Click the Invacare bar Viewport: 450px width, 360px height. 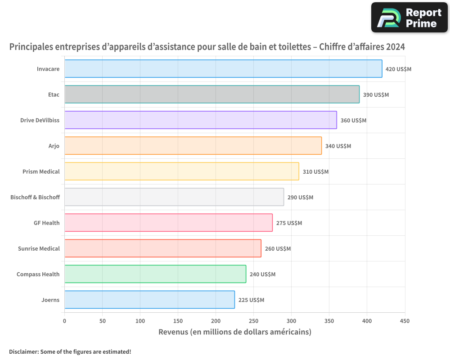[x=223, y=69]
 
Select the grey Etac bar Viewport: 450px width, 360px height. [x=212, y=94]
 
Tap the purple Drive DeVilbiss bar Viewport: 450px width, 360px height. [x=201, y=120]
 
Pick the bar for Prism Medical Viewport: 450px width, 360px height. [x=182, y=171]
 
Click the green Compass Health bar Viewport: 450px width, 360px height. [x=155, y=274]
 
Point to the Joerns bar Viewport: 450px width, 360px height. [x=149, y=300]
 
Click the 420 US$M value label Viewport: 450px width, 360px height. [x=398, y=69]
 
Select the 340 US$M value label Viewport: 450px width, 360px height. [x=338, y=146]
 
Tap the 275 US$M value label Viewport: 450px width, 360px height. [x=289, y=223]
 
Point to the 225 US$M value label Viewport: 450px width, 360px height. [x=251, y=300]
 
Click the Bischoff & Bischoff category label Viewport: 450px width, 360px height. [x=35, y=197]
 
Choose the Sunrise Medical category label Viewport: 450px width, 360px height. [x=39, y=248]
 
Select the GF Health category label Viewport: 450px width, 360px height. [x=46, y=223]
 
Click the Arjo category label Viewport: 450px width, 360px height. [x=54, y=146]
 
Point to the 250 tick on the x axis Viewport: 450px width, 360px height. [x=253, y=321]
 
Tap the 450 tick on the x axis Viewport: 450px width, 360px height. [x=405, y=321]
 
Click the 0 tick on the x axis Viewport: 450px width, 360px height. [x=64, y=321]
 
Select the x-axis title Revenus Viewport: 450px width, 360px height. [x=234, y=332]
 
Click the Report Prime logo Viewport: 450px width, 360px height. [x=409, y=18]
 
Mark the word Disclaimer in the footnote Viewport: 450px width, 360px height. [x=23, y=351]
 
